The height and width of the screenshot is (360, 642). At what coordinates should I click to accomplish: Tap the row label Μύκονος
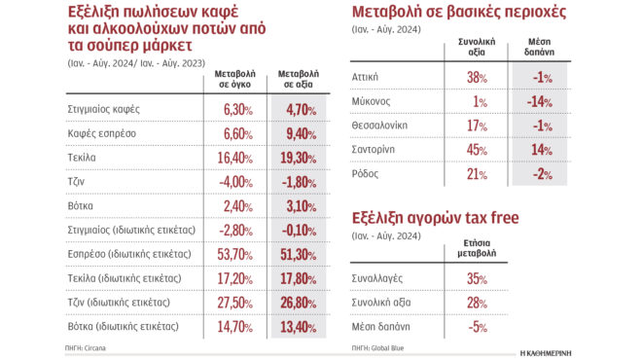tap(372, 101)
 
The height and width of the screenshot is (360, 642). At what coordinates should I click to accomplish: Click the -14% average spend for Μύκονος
tap(540, 101)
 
